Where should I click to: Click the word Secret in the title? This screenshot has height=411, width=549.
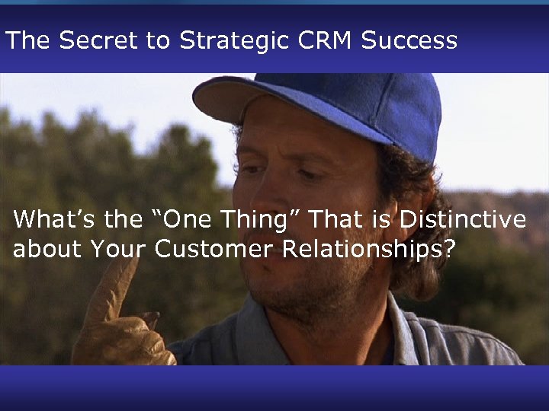point(88,40)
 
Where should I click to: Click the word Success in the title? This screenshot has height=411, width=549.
point(409,40)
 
